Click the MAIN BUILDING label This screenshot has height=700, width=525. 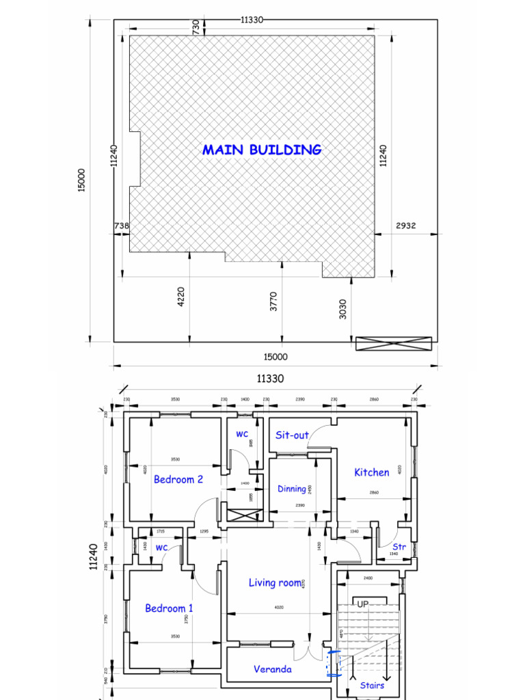coord(262,150)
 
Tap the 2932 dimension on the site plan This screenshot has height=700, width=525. coord(405,226)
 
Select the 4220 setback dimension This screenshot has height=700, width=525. coord(180,297)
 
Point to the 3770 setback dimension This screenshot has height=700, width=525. coord(273,301)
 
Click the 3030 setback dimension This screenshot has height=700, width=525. coord(342,308)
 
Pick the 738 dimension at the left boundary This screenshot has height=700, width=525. coord(121,226)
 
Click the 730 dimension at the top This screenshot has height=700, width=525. coord(196,27)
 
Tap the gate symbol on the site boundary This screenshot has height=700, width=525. coord(394,343)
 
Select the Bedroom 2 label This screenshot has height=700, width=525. coord(178,479)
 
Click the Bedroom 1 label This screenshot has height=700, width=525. coord(169,608)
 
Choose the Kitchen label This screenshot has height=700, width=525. coord(372,472)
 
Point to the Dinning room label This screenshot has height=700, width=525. coord(292,489)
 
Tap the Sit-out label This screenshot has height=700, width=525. coord(292,435)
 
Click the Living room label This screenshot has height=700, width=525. coord(275,582)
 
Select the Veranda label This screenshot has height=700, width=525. coord(272,669)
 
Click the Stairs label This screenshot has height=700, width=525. coord(372,685)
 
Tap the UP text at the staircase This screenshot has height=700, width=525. coord(362,604)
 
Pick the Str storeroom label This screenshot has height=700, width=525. coord(399,547)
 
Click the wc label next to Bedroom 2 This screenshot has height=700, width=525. coord(242,434)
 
